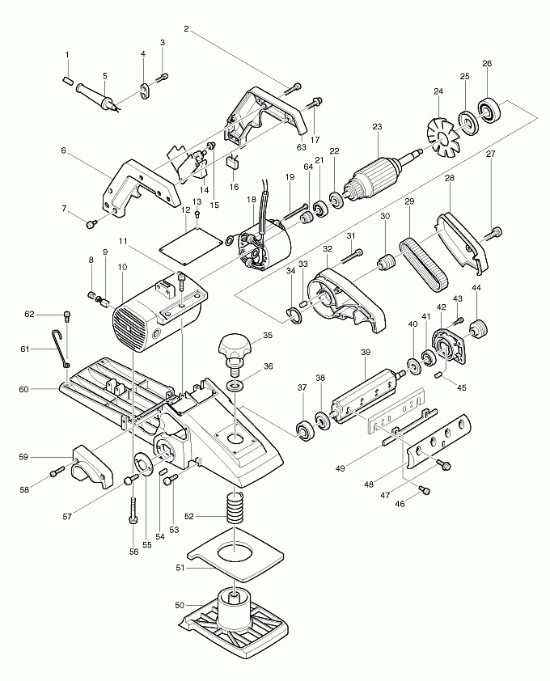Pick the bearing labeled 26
click(490, 109)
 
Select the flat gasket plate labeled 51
click(235, 558)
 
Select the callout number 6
click(63, 150)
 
